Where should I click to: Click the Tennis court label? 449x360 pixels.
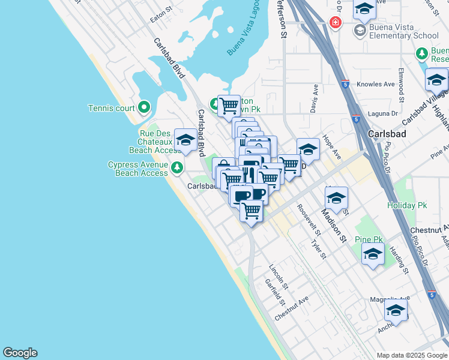(x=112, y=108)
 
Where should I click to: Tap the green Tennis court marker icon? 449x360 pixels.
(x=143, y=108)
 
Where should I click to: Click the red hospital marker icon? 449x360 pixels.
(x=335, y=23)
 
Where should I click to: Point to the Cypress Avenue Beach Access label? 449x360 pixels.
(x=138, y=169)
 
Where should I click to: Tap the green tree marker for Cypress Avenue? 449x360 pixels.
(x=176, y=167)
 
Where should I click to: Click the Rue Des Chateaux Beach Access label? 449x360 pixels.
(x=151, y=142)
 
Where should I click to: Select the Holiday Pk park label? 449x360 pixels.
(x=407, y=205)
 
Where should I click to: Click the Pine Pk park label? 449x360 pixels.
(x=369, y=239)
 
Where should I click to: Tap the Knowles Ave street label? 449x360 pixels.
(x=376, y=85)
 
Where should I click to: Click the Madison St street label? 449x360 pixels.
(x=334, y=224)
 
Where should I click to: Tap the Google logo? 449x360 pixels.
(x=20, y=353)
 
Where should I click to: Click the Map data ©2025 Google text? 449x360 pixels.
(x=411, y=355)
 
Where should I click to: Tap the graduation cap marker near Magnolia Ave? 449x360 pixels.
(x=396, y=311)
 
